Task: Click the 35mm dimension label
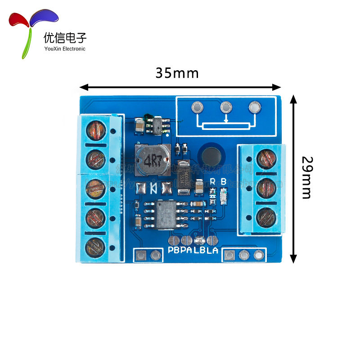tap(177, 73)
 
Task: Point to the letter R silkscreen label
tap(213, 182)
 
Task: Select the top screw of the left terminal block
tap(95, 130)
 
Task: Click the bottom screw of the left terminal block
tap(95, 247)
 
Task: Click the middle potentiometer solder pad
tap(225, 108)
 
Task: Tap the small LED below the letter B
tap(224, 196)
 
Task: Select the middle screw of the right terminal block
tap(265, 188)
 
